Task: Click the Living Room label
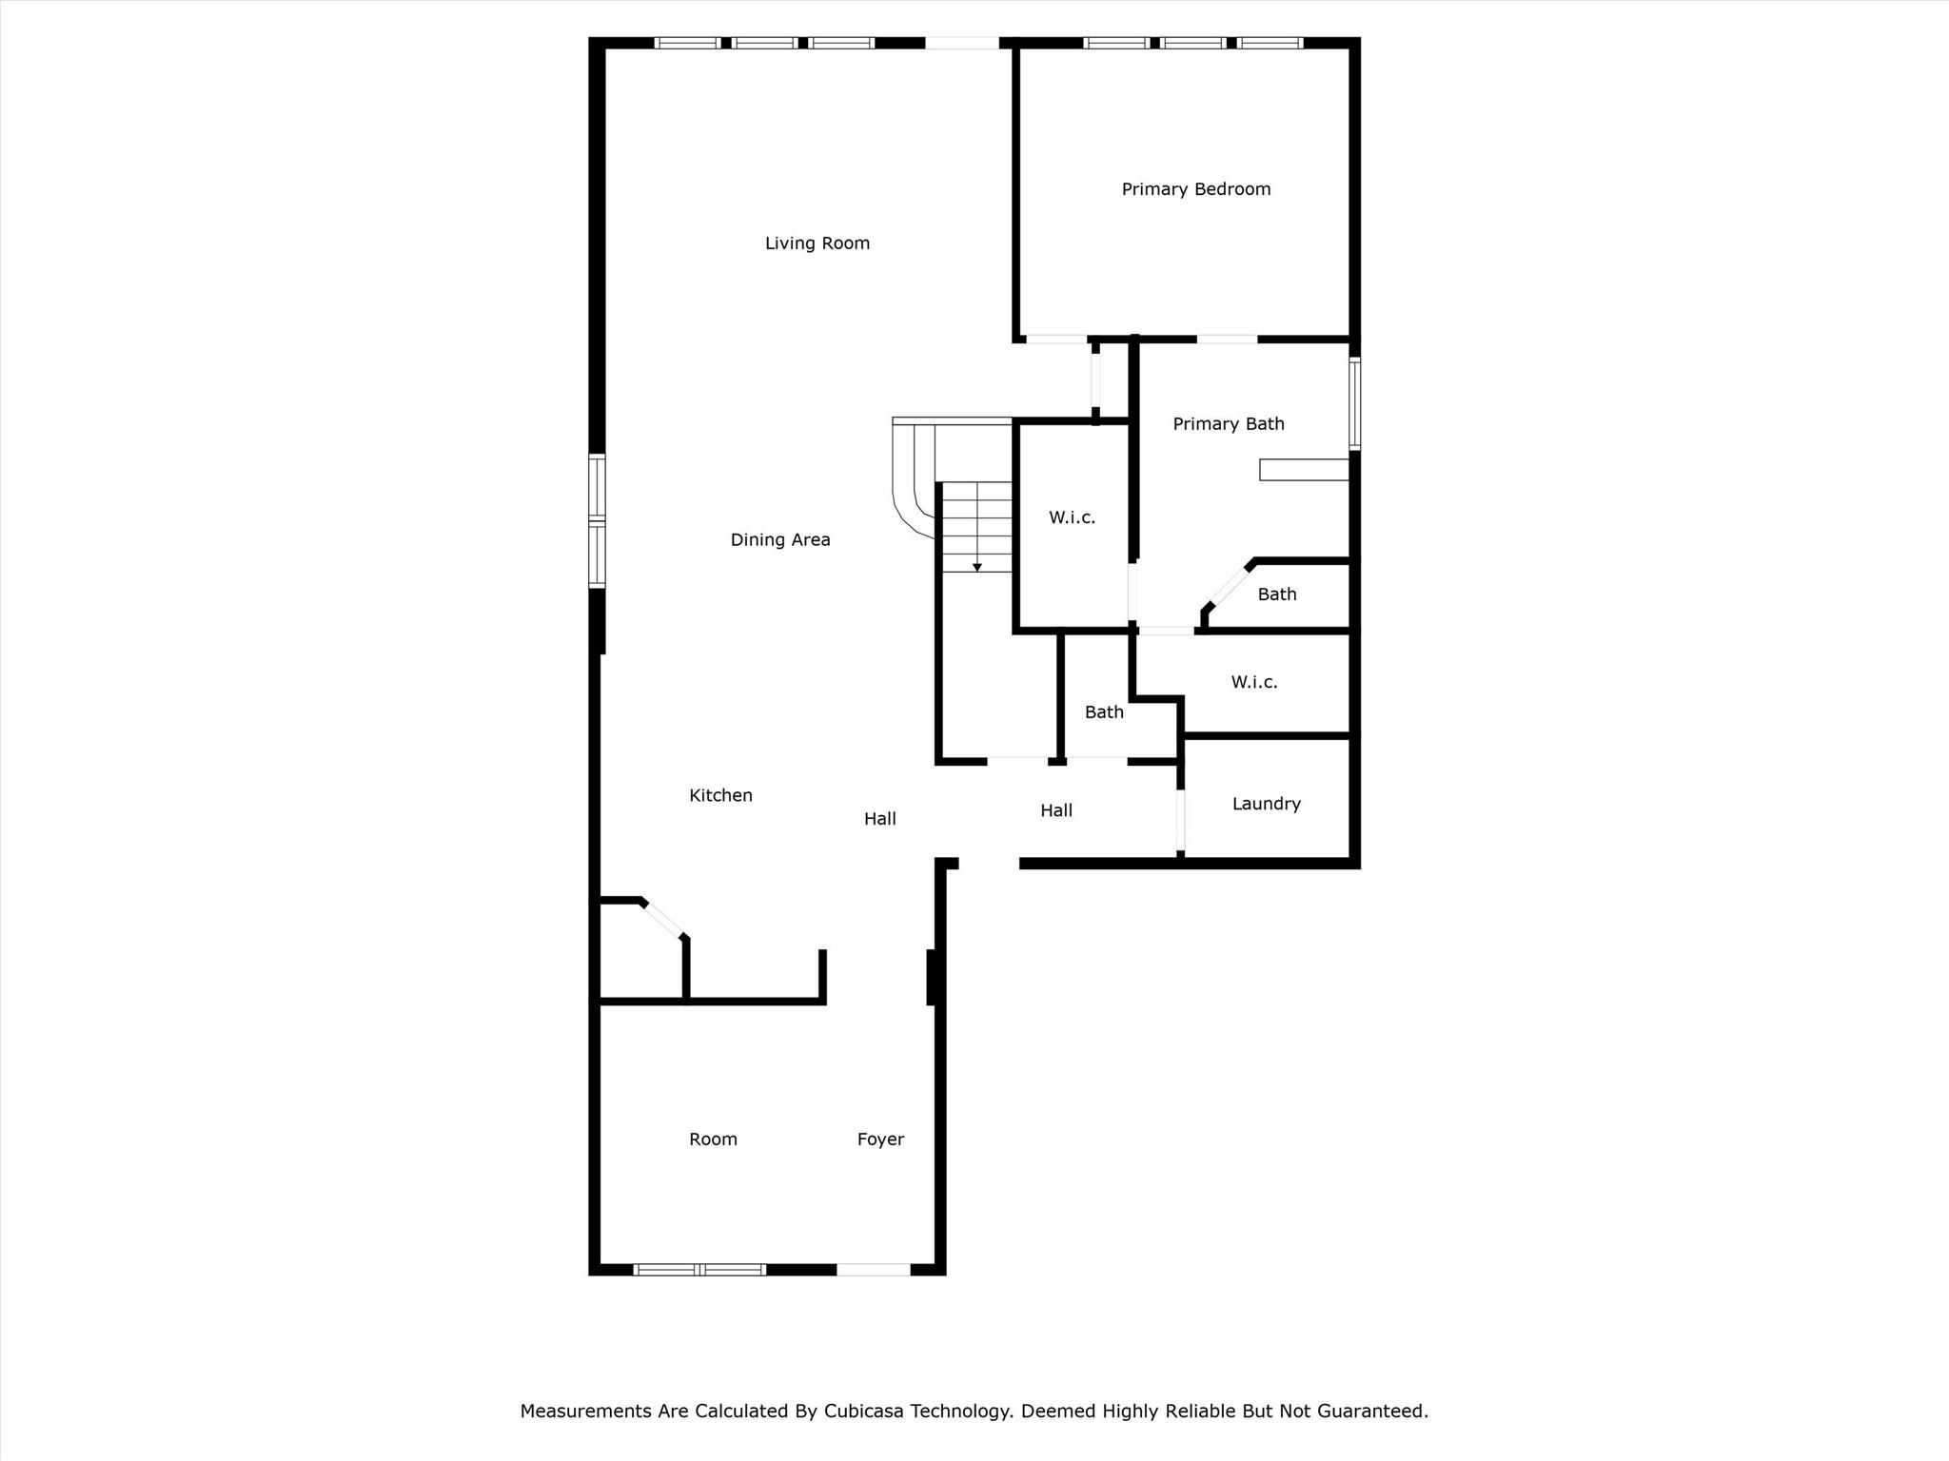817,243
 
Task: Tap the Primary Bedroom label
1196,189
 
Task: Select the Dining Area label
780,540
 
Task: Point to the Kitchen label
720,795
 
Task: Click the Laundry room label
1266,804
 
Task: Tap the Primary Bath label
1229,424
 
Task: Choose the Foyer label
880,1140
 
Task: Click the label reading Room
713,1140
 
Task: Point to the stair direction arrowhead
976,568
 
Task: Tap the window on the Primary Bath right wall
1354,403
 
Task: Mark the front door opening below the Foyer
874,1269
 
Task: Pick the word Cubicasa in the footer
864,1411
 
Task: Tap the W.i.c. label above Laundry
1254,682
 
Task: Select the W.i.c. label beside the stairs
1073,517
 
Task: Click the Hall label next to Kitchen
880,819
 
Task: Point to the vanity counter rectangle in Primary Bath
1305,470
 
